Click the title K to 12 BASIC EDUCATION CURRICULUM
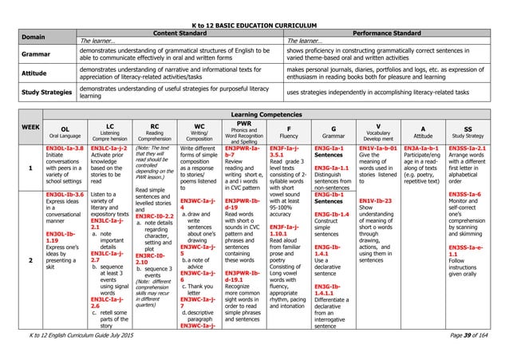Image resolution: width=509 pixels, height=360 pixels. click(254, 6)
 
